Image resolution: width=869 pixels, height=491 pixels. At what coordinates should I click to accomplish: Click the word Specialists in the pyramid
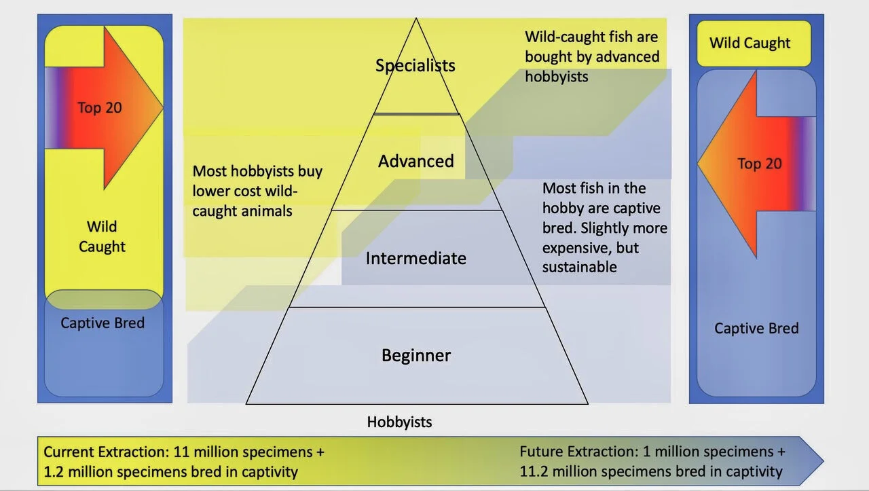(415, 65)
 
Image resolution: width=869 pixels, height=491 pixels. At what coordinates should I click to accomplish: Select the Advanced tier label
(415, 161)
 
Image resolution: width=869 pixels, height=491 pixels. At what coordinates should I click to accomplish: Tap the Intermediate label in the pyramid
(415, 258)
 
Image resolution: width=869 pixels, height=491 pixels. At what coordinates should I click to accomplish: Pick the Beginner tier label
(415, 355)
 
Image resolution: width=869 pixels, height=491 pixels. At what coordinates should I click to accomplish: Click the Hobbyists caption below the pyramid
(399, 422)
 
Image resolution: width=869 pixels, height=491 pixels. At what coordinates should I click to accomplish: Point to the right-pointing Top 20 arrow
(102, 107)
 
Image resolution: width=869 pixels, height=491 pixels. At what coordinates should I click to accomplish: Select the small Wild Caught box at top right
(750, 43)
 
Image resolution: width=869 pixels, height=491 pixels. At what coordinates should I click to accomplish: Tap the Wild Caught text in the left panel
(102, 236)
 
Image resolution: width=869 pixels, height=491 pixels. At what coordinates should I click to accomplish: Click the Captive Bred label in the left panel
(103, 323)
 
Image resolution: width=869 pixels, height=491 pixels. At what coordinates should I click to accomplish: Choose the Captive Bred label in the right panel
(756, 329)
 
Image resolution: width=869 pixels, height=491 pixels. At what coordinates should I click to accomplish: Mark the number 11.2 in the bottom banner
(534, 471)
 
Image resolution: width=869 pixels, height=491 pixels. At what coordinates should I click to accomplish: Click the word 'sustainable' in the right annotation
(579, 267)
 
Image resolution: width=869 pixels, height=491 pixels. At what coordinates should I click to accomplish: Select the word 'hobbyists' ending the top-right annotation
(557, 77)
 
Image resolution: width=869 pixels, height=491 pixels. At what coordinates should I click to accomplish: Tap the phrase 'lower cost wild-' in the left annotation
(245, 192)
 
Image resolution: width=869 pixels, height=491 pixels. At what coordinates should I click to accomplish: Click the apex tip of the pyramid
(415, 18)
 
